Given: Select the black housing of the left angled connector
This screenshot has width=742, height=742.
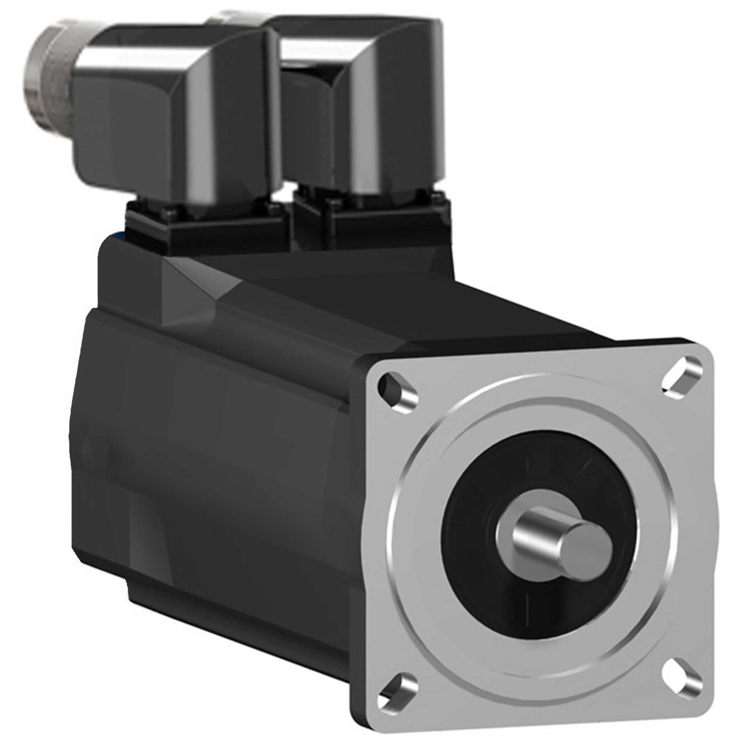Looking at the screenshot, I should click(x=161, y=127).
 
